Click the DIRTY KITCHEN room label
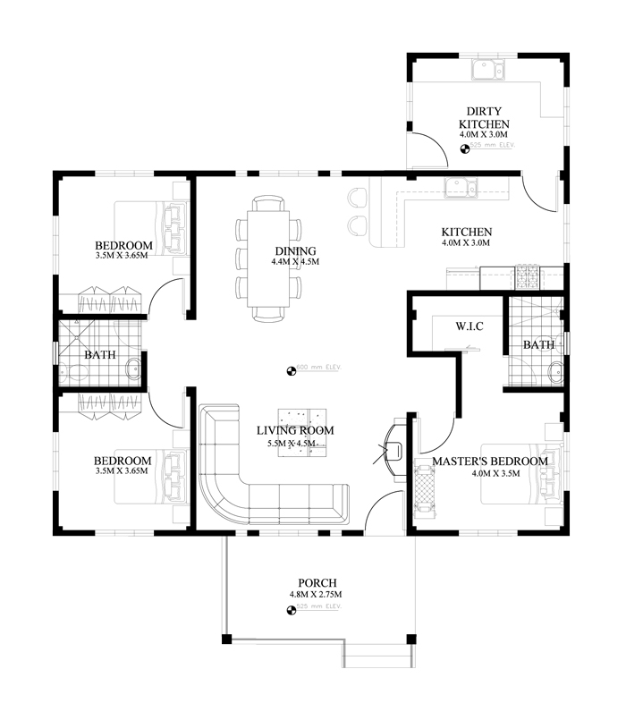coord(484,118)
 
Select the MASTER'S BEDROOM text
coord(489,462)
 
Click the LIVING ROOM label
coord(295,430)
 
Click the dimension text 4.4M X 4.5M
coord(295,262)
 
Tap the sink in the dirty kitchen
coord(488,70)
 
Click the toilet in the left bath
coord(132,367)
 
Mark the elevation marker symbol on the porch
coord(291,610)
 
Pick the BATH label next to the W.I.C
coord(538,344)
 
